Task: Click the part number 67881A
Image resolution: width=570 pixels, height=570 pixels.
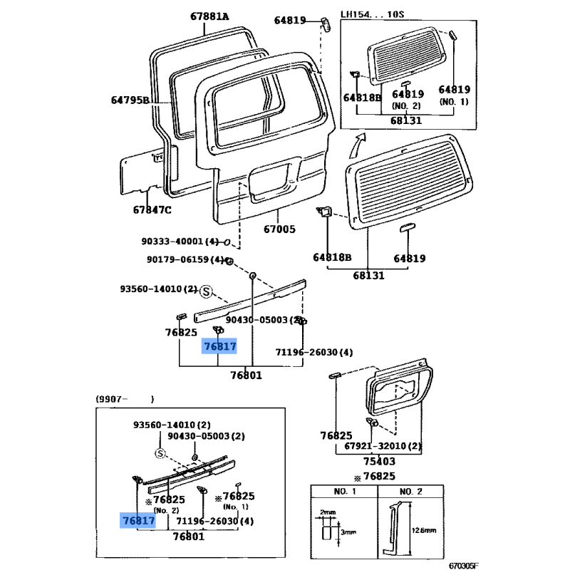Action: tap(209, 16)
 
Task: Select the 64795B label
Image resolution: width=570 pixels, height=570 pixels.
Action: tap(130, 100)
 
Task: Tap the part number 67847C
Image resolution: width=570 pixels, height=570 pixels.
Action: tap(152, 209)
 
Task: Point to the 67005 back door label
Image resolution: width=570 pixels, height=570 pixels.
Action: tap(279, 230)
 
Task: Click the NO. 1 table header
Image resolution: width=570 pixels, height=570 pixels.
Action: tap(343, 492)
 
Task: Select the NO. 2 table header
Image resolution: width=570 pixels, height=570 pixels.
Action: tap(410, 492)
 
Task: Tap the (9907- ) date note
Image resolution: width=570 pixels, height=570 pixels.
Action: tap(125, 399)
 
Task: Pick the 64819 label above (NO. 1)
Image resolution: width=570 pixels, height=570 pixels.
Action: tap(454, 89)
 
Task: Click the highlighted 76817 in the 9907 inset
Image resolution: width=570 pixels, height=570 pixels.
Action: tap(138, 521)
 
